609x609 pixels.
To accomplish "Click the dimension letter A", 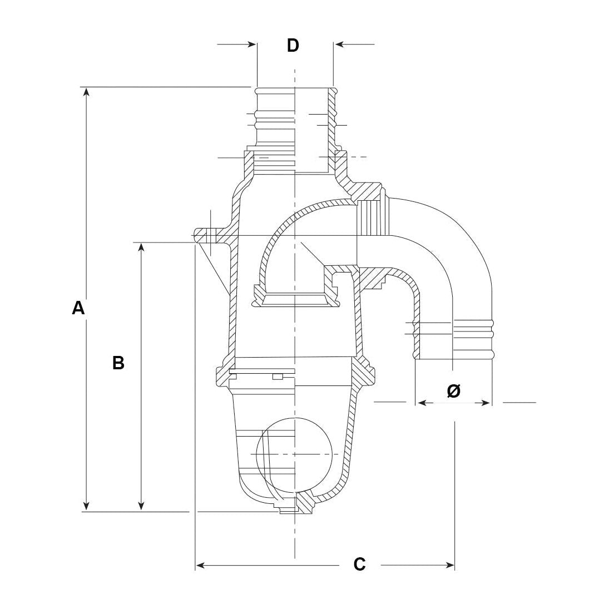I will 78,308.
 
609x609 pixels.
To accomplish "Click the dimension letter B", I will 118,363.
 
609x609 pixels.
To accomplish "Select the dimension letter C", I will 360,564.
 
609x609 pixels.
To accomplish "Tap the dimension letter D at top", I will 293,46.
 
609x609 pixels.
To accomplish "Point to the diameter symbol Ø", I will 453,392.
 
